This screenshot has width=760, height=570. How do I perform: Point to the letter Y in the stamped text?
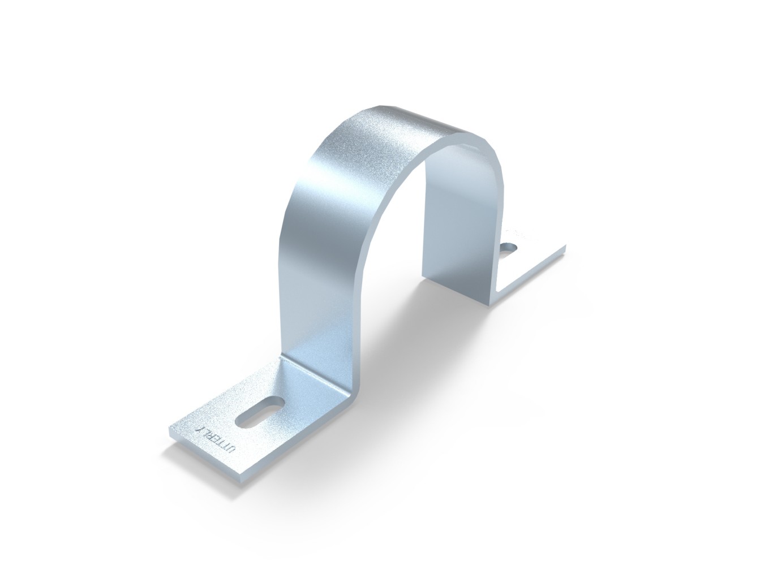199,428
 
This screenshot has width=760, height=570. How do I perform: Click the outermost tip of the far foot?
565,247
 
